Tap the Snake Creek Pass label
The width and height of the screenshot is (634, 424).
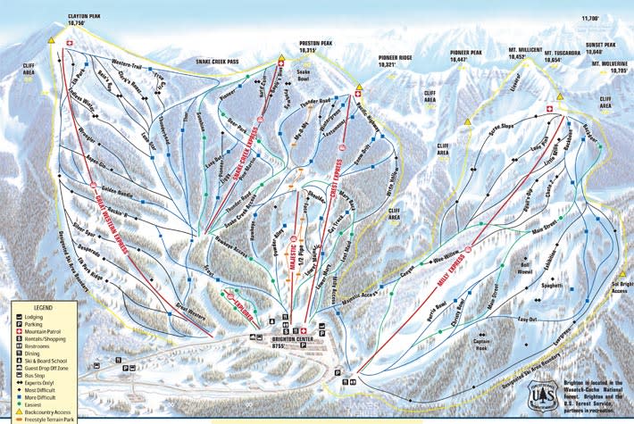[x=221, y=61]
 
